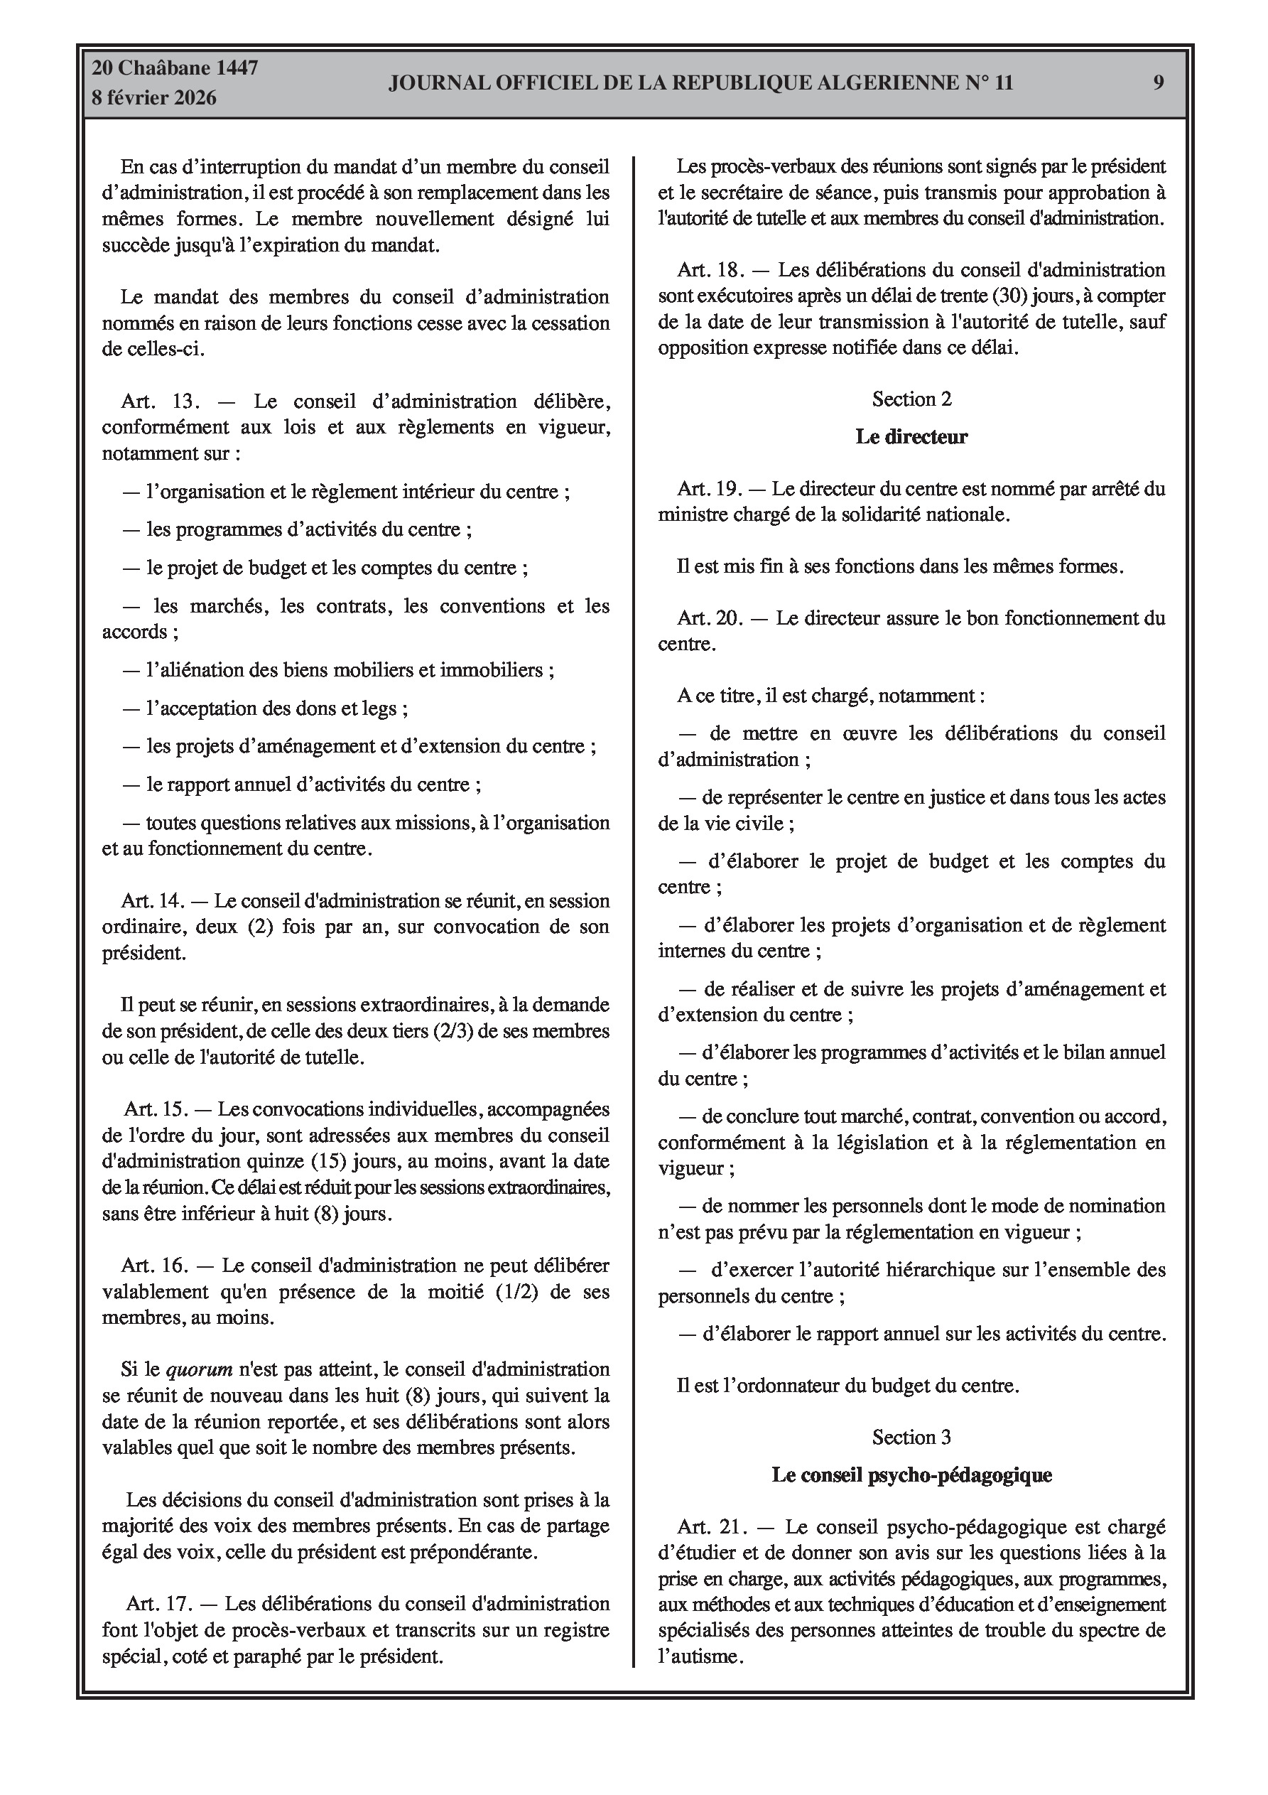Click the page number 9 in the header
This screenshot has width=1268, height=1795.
tap(1159, 83)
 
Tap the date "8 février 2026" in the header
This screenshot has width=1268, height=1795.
tap(154, 99)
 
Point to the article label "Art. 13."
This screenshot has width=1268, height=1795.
tap(161, 401)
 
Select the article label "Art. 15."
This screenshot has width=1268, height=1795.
tap(156, 1109)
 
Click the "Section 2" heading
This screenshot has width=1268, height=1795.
tap(911, 399)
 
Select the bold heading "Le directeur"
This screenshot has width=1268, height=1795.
tap(911, 437)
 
